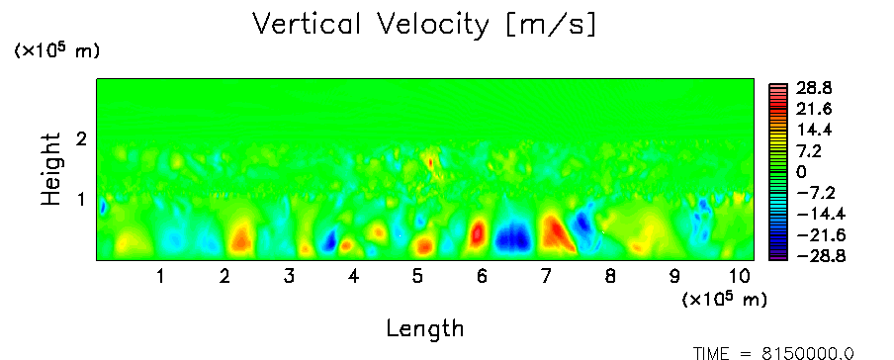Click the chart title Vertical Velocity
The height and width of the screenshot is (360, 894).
click(371, 24)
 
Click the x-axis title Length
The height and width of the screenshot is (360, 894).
click(425, 329)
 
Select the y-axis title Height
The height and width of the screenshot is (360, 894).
click(51, 169)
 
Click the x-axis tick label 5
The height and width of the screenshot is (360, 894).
click(417, 277)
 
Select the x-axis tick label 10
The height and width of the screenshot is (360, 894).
click(739, 277)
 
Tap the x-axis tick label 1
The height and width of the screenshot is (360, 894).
click(161, 277)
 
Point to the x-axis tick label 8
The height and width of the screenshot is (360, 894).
click(610, 277)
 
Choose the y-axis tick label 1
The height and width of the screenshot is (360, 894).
click(81, 200)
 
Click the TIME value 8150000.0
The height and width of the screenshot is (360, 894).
click(809, 354)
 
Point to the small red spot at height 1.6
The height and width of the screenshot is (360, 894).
click(430, 163)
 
